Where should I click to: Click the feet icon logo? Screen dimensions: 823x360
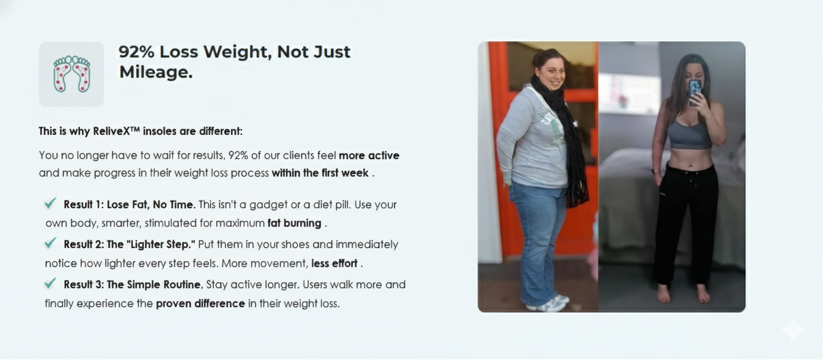point(72,74)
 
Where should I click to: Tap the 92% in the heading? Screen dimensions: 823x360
point(136,52)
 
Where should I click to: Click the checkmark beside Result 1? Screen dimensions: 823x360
point(50,203)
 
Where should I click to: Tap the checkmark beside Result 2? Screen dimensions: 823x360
point(50,243)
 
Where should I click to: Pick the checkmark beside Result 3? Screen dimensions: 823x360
point(50,283)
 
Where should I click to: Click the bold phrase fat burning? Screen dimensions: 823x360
point(294,223)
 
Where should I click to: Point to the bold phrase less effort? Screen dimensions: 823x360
point(334,263)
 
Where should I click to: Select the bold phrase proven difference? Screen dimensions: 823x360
point(200,304)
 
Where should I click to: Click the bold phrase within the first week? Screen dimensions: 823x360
point(320,173)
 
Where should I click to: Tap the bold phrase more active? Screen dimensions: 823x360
point(369,155)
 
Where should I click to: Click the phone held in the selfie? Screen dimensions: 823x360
point(695,92)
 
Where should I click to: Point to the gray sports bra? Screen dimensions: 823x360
point(689,135)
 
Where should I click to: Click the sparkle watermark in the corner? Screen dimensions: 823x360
point(793,330)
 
